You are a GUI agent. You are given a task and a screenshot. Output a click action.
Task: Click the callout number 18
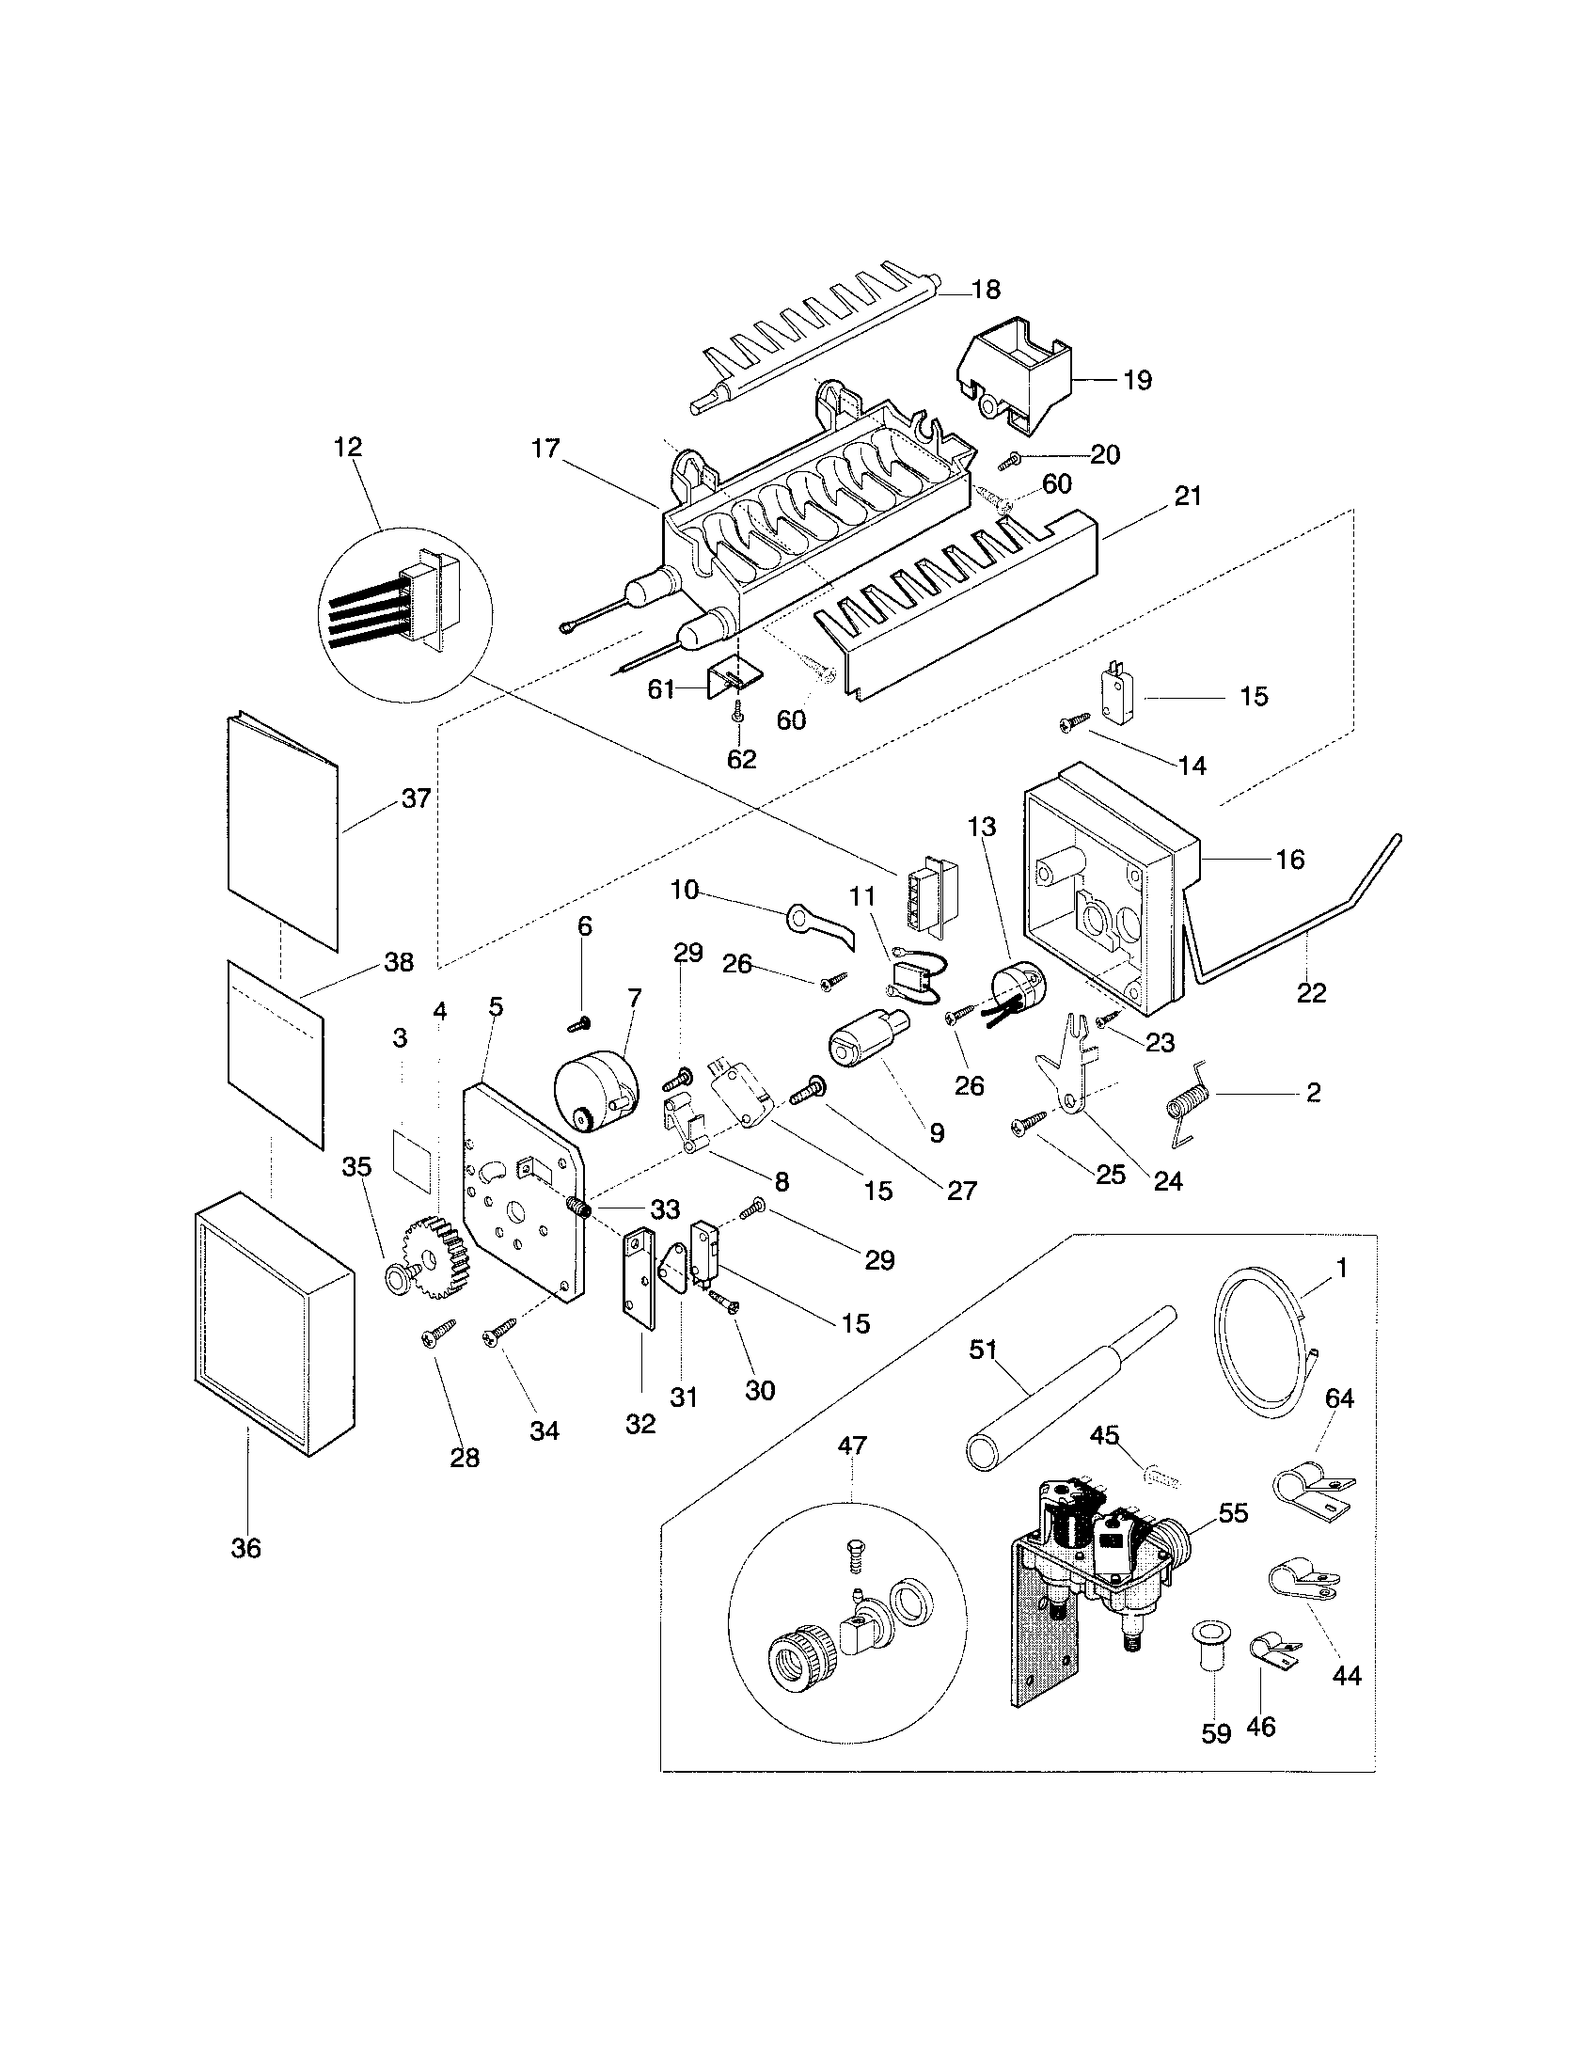(x=986, y=289)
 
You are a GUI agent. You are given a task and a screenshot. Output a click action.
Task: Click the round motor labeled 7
(x=594, y=1094)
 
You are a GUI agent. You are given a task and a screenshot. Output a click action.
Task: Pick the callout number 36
(x=245, y=1548)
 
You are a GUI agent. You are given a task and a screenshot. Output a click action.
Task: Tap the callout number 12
(x=348, y=446)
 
